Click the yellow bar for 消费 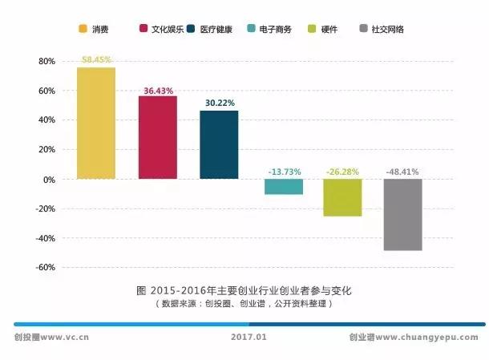(x=96, y=123)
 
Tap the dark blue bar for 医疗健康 (x=219, y=144)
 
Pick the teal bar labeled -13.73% (x=284, y=187)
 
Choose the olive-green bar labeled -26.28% (x=343, y=197)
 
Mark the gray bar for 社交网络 (x=402, y=215)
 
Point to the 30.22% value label (x=219, y=103)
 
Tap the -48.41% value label (x=402, y=172)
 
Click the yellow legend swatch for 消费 (x=83, y=30)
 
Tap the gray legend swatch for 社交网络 (x=365, y=30)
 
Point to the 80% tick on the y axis (x=46, y=61)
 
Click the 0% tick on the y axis (x=49, y=180)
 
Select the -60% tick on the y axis (x=44, y=268)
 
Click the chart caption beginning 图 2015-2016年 (x=245, y=289)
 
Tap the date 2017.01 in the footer (x=245, y=338)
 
